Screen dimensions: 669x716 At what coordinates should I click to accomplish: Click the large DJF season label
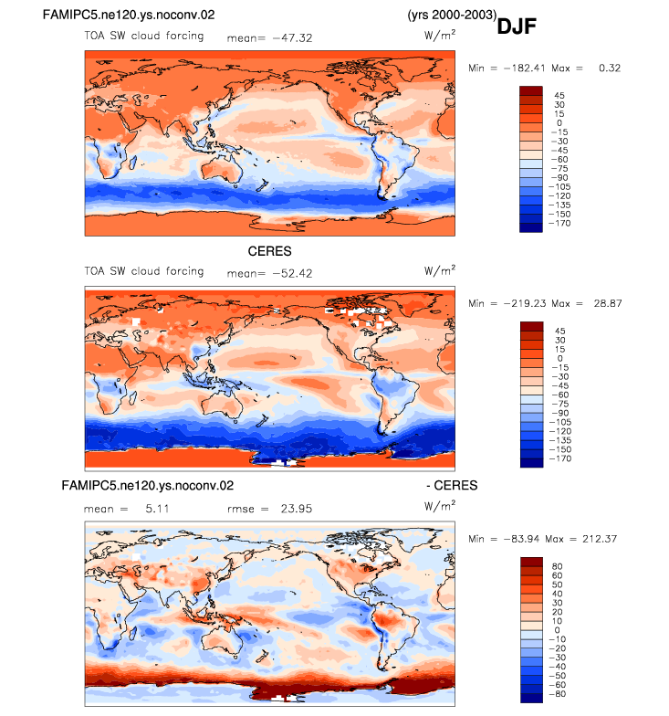click(x=517, y=26)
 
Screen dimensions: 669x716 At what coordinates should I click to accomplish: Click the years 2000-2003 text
click(x=452, y=15)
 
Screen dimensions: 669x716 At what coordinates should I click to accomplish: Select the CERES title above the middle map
click(x=270, y=251)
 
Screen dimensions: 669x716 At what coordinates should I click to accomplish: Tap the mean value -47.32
click(x=292, y=38)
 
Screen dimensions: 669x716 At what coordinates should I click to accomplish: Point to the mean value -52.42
click(x=292, y=274)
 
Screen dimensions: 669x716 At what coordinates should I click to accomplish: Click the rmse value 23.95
click(x=297, y=509)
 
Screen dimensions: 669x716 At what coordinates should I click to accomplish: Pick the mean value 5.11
click(x=157, y=509)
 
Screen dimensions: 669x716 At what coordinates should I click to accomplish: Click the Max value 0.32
click(x=610, y=68)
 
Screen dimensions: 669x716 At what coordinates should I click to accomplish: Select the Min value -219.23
click(x=524, y=303)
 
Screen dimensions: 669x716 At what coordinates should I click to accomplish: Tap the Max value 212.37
click(x=600, y=539)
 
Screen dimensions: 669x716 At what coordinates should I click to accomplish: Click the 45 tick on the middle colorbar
click(x=560, y=331)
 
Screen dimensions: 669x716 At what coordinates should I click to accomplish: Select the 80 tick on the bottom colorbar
click(x=557, y=566)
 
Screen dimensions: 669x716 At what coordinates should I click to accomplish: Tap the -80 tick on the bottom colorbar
click(x=557, y=694)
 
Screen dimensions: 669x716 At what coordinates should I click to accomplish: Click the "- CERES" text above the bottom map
click(x=453, y=486)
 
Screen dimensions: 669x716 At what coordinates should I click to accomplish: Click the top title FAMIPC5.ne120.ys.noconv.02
click(x=129, y=15)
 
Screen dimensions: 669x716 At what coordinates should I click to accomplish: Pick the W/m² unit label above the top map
click(x=440, y=35)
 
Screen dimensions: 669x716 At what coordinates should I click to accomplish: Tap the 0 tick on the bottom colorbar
click(x=557, y=630)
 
